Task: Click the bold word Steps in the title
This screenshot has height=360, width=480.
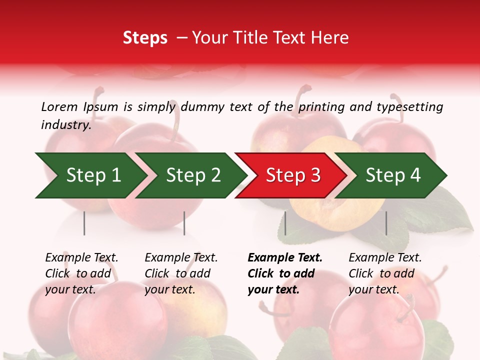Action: click(x=145, y=38)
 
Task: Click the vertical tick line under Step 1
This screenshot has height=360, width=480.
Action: click(x=84, y=223)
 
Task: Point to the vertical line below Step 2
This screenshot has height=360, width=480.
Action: click(x=184, y=223)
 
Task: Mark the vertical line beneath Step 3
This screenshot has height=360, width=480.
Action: click(x=285, y=223)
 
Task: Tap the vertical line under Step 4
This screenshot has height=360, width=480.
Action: click(x=386, y=223)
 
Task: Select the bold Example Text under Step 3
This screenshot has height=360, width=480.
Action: click(x=285, y=258)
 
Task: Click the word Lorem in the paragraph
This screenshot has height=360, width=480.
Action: click(x=59, y=106)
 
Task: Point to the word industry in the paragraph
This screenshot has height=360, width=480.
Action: click(x=65, y=125)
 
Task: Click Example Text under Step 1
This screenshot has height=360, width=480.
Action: click(x=81, y=258)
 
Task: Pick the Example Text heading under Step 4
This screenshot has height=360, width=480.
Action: click(x=385, y=258)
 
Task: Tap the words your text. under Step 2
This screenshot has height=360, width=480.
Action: click(x=170, y=289)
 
